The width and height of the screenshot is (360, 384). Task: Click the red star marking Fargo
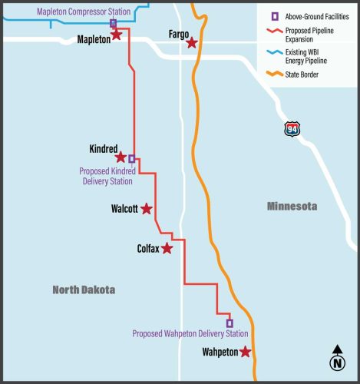(x=192, y=44)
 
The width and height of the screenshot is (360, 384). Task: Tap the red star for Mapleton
(x=117, y=35)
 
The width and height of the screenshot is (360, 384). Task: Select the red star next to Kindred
(x=121, y=157)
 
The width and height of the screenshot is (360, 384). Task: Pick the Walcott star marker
(x=147, y=209)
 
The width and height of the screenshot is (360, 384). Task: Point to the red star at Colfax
(x=167, y=248)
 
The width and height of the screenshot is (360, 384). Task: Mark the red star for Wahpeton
(x=245, y=352)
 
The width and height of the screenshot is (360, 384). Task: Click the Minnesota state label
(x=292, y=207)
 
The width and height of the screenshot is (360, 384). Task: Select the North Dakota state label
(x=84, y=290)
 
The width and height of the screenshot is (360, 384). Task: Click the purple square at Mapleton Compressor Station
(x=113, y=24)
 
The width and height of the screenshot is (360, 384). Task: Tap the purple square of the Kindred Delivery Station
(x=131, y=159)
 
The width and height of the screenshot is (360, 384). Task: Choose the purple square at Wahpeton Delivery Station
(x=229, y=323)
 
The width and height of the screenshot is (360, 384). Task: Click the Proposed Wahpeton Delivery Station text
(x=190, y=334)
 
